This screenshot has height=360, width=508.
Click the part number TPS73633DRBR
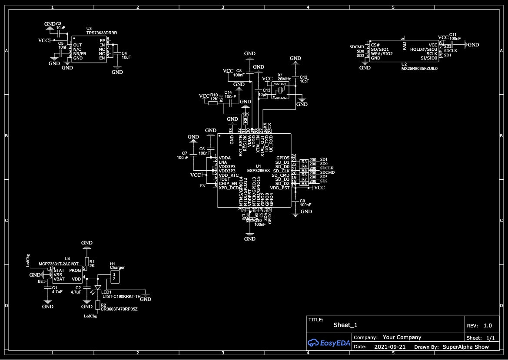pos(102,33)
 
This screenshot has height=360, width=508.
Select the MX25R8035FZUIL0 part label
pos(419,68)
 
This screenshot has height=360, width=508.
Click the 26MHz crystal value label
pos(284,79)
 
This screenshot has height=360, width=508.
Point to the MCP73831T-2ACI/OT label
pos(59,264)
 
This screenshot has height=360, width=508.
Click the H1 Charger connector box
pos(114,276)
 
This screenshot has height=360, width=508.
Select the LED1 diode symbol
pos(97,287)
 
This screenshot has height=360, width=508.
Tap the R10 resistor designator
pos(214,95)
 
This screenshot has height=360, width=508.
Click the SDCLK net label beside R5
pos(326,168)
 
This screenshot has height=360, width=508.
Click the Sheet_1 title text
pos(345,325)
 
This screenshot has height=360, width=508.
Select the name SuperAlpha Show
pos(465,347)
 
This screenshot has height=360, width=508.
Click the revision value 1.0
pos(488,325)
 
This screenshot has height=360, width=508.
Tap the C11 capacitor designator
pos(452,34)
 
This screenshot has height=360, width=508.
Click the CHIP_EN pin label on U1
pos(228,184)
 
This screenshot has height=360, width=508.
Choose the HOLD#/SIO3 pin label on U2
pos(424,50)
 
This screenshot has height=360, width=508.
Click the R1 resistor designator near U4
pos(92,261)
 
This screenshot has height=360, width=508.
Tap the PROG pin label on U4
pos(75,271)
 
